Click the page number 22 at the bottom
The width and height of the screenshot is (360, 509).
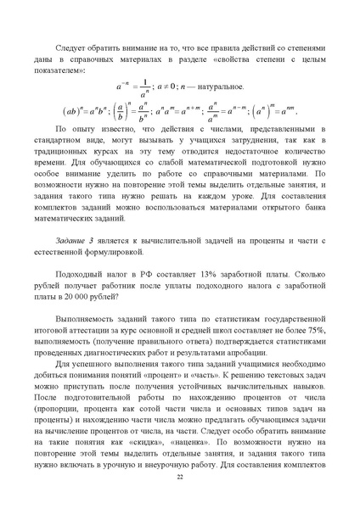(180, 478)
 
